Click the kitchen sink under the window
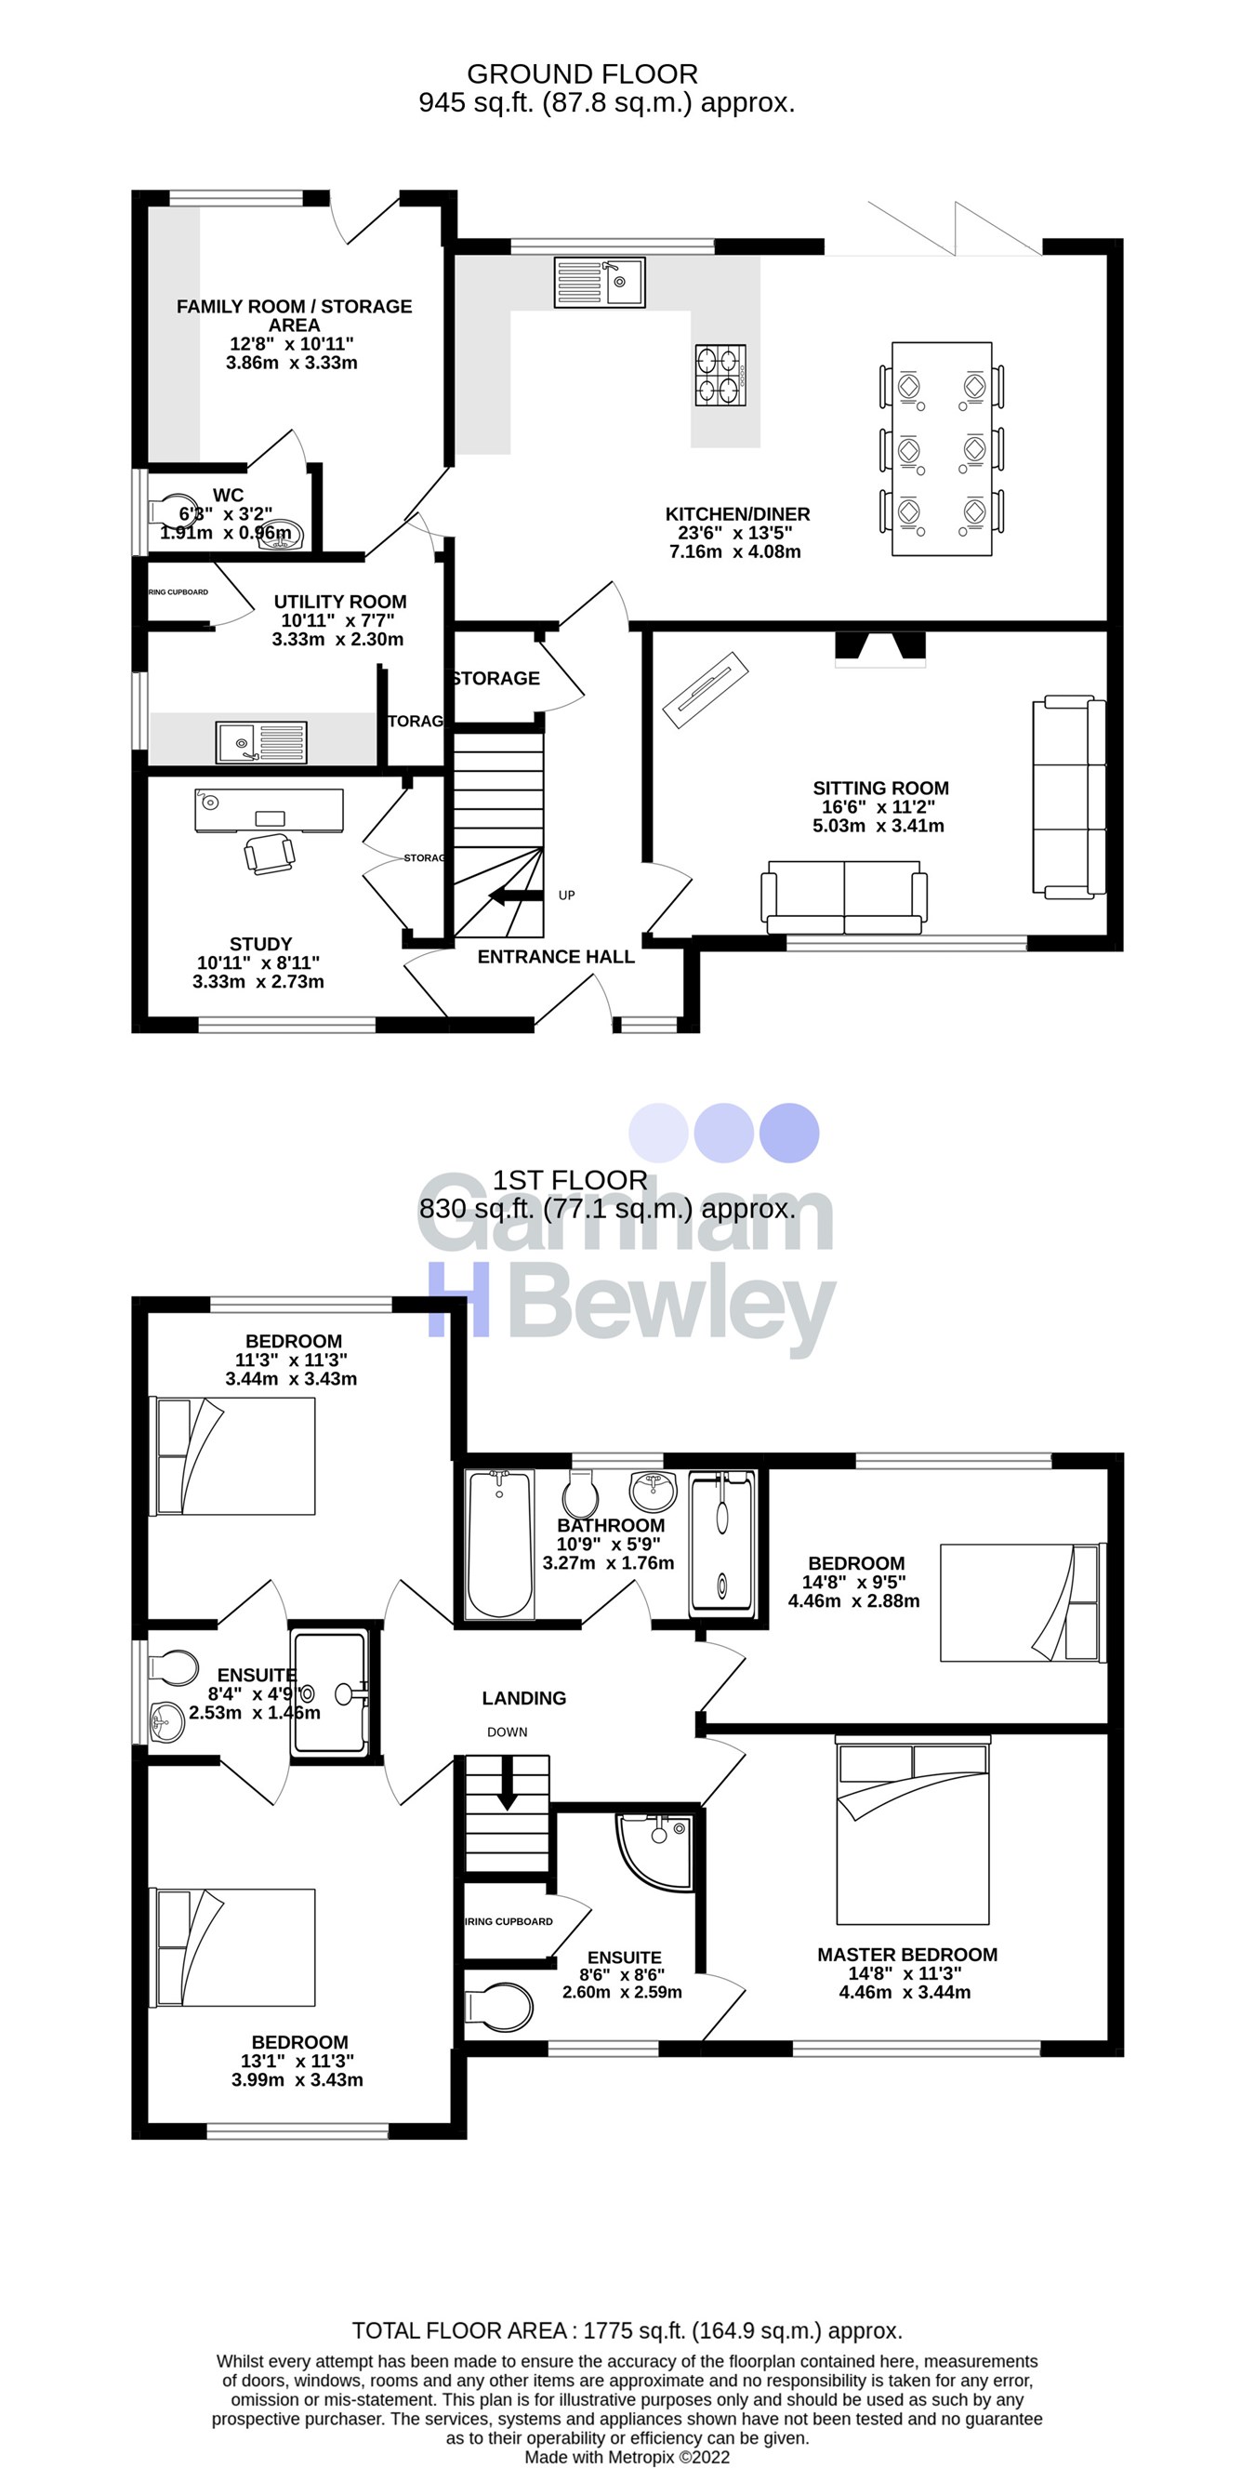point(600,283)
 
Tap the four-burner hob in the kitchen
point(720,375)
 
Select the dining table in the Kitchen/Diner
point(942,448)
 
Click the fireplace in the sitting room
point(880,648)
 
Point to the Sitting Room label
point(879,789)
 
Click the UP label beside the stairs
point(566,895)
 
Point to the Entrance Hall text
point(556,956)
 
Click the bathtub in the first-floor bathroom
point(498,1546)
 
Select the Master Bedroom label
point(906,1955)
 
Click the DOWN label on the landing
point(507,1732)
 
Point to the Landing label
point(523,1698)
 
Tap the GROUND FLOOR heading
point(582,73)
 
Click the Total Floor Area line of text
point(627,2330)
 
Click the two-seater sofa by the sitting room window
point(844,896)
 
